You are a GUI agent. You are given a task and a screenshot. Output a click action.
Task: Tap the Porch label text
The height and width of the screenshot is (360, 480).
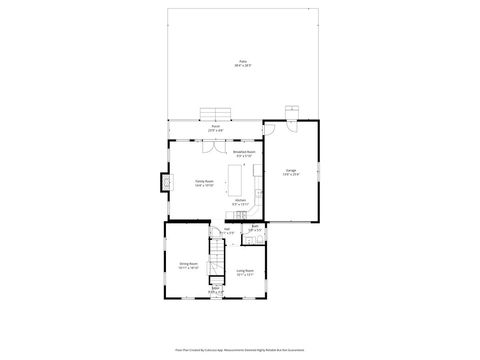click(215, 127)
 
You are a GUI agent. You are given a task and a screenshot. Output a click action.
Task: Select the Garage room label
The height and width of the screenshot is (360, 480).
click(290, 170)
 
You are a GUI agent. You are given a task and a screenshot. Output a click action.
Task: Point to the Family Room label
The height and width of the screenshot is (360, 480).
click(206, 181)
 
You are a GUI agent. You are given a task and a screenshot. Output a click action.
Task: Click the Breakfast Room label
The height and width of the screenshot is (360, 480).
click(245, 152)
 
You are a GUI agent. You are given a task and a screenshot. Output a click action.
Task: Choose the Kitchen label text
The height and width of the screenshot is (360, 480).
click(241, 201)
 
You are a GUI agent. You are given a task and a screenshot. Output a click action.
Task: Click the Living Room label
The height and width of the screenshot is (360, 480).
click(244, 271)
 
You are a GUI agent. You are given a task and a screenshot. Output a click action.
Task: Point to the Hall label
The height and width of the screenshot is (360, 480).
click(227, 231)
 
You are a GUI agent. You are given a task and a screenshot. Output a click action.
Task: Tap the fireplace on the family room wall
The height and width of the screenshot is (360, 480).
click(163, 182)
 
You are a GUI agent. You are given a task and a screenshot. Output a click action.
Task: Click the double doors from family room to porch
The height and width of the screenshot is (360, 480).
click(213, 142)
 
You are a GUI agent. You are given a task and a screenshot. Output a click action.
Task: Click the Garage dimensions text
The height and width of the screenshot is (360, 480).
click(290, 175)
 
